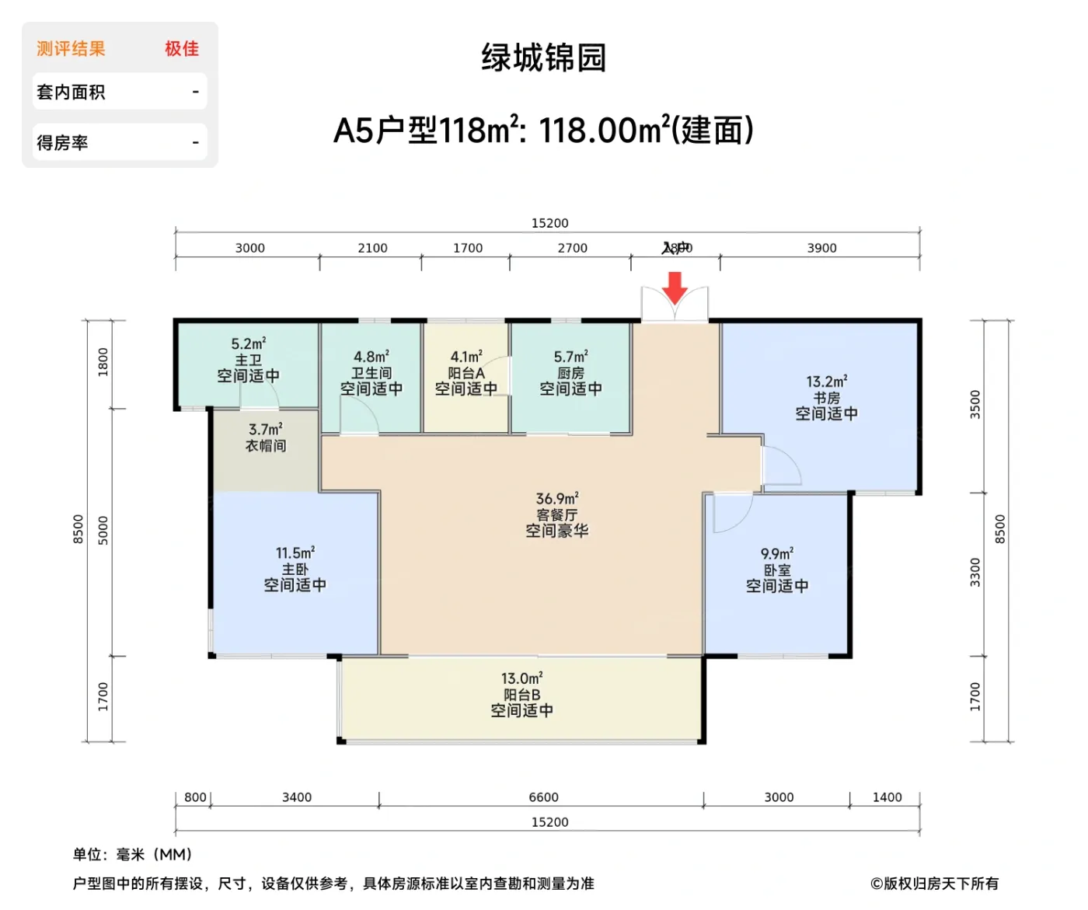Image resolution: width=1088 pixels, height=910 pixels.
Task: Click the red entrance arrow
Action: pyautogui.click(x=675, y=288)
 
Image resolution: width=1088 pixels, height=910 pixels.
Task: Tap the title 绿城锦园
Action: pyautogui.click(x=543, y=58)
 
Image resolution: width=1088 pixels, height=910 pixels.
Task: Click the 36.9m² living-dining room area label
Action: pyautogui.click(x=556, y=514)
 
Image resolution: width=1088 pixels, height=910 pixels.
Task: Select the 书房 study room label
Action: pyautogui.click(x=826, y=397)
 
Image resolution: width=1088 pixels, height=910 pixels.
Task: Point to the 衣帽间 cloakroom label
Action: pyautogui.click(x=266, y=445)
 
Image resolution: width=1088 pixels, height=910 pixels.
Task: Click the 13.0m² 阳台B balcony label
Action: pyautogui.click(x=521, y=694)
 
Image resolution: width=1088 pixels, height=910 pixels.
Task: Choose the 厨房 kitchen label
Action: pyautogui.click(x=570, y=373)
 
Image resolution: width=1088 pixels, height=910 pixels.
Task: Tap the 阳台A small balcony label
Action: pyautogui.click(x=466, y=373)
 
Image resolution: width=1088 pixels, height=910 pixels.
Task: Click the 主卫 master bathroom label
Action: pyautogui.click(x=248, y=360)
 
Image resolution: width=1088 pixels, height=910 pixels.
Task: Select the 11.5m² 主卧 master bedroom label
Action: pyautogui.click(x=295, y=569)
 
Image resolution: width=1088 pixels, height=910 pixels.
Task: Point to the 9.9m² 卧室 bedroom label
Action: pyautogui.click(x=776, y=570)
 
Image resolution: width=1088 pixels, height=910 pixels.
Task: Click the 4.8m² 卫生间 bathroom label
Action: pyautogui.click(x=371, y=373)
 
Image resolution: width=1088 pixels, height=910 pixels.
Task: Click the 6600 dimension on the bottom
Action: pyautogui.click(x=543, y=797)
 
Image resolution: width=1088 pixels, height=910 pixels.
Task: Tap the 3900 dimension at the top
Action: pyautogui.click(x=821, y=248)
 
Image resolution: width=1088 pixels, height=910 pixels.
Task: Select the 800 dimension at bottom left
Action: pyautogui.click(x=195, y=797)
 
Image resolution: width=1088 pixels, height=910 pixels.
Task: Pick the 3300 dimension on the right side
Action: pyautogui.click(x=975, y=573)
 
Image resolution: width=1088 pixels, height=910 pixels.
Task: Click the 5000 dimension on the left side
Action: pyautogui.click(x=103, y=530)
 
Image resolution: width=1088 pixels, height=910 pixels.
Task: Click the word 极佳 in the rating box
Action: pyautogui.click(x=182, y=49)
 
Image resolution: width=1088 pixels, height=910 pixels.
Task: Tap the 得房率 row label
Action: pyautogui.click(x=62, y=143)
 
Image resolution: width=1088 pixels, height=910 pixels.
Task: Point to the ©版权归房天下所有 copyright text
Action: pyautogui.click(x=934, y=884)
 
